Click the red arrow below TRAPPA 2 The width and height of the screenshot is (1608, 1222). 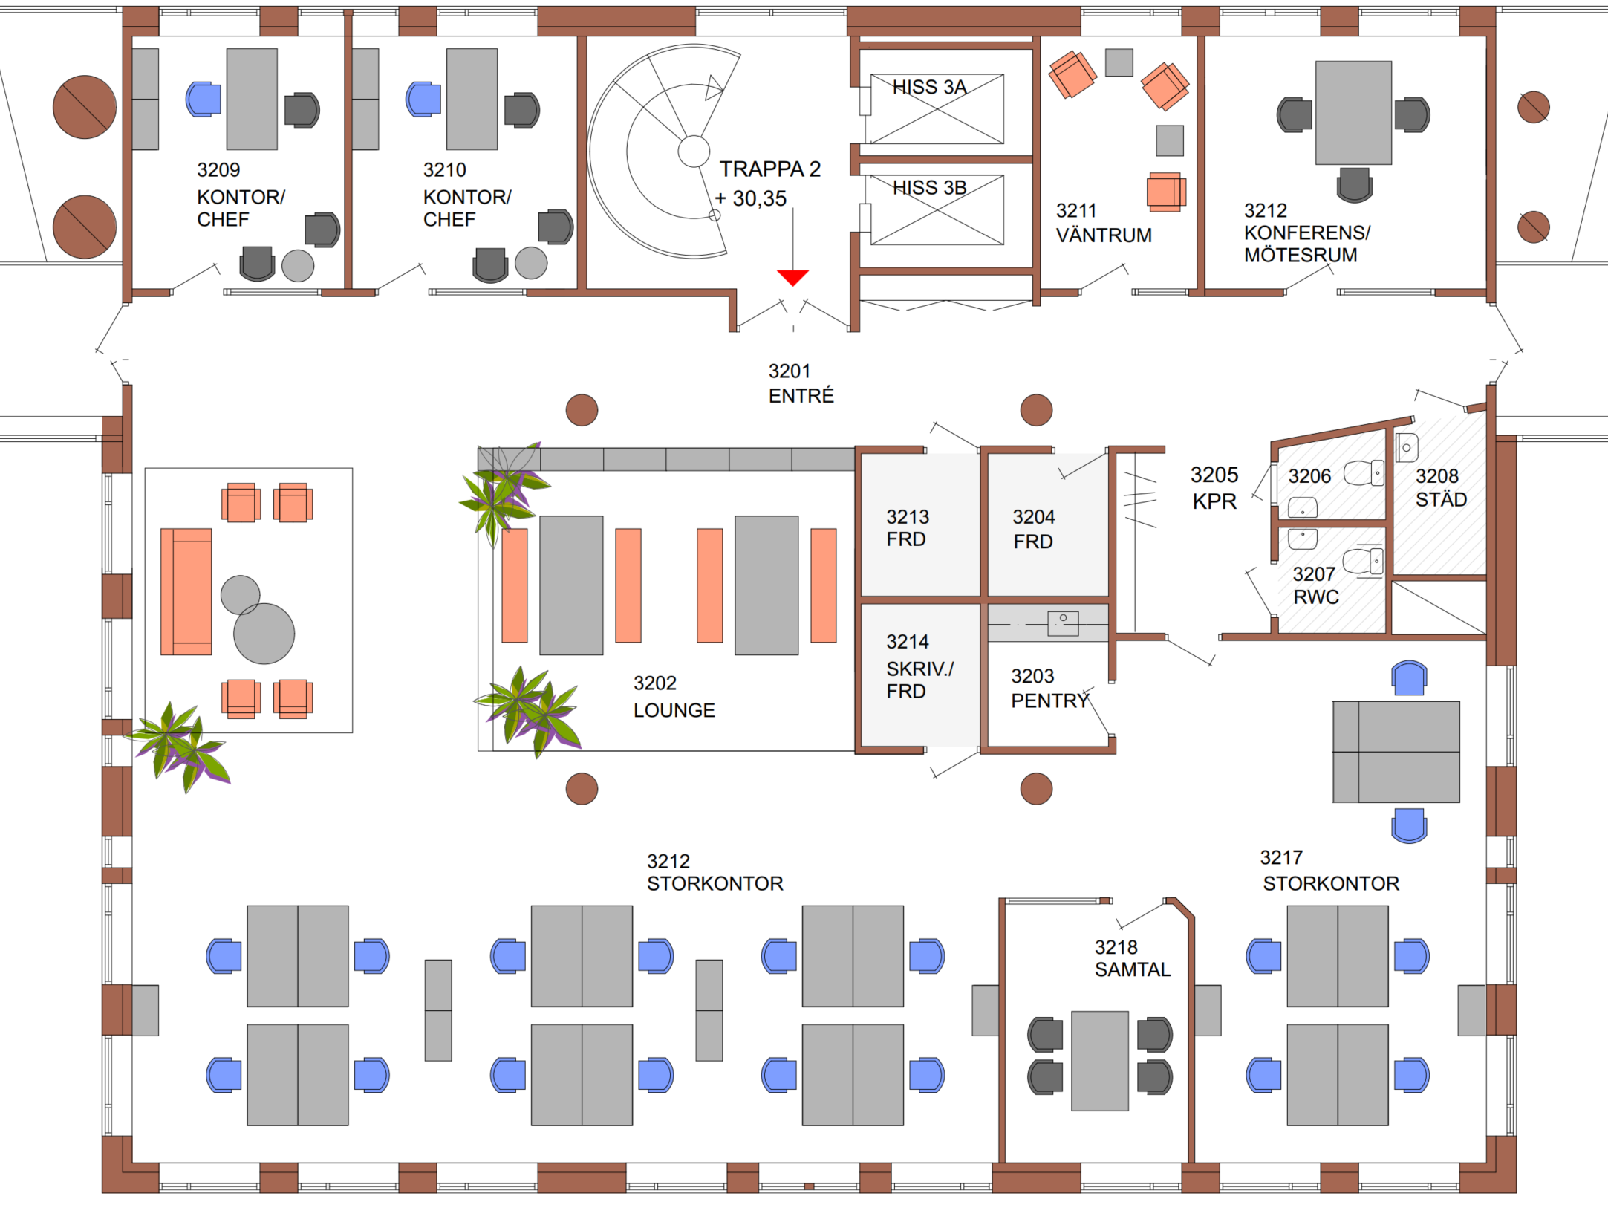pyautogui.click(x=792, y=277)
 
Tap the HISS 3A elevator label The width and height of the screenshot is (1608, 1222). pyautogui.click(x=929, y=88)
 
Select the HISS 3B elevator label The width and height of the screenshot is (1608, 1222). pyautogui.click(x=929, y=188)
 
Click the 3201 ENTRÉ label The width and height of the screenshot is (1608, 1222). pyautogui.click(x=801, y=383)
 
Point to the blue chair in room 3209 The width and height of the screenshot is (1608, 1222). pyautogui.click(x=204, y=99)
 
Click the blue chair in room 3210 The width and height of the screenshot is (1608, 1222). pyautogui.click(x=423, y=99)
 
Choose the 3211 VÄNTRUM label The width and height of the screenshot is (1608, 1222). pyautogui.click(x=1104, y=223)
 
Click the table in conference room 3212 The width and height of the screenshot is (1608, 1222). pyautogui.click(x=1353, y=112)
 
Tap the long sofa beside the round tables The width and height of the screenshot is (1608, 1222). pyautogui.click(x=186, y=591)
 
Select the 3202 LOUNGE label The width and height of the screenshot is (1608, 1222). pyautogui.click(x=674, y=697)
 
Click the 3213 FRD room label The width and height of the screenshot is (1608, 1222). pyautogui.click(x=908, y=527)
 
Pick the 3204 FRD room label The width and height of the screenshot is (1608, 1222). pyautogui.click(x=1033, y=529)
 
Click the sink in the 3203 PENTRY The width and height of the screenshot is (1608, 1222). pyautogui.click(x=1063, y=622)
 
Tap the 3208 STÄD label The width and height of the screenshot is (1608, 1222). pyautogui.click(x=1440, y=487)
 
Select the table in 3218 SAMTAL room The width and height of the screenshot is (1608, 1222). pyautogui.click(x=1099, y=1060)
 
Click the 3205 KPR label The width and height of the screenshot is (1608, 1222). pyautogui.click(x=1214, y=488)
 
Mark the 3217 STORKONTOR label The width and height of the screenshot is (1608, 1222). pyautogui.click(x=1330, y=871)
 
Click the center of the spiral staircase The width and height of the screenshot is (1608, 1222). pyautogui.click(x=694, y=152)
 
